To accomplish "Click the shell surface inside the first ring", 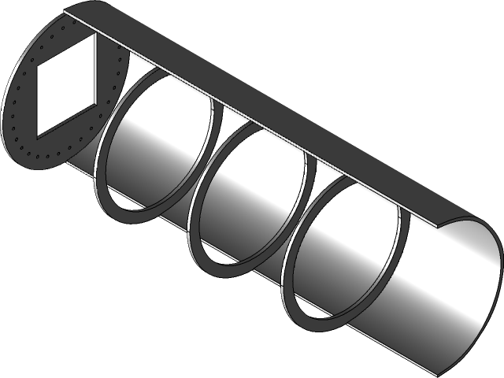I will click(157, 150).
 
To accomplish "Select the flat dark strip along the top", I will click(260, 110).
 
